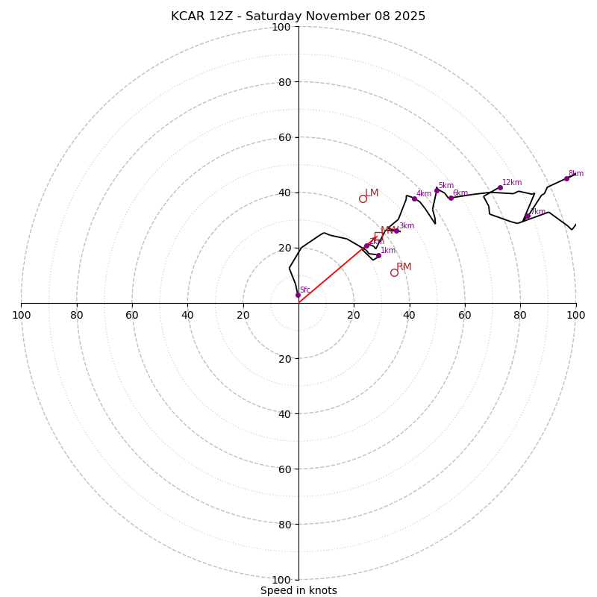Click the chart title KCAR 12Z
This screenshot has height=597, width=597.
[298, 16]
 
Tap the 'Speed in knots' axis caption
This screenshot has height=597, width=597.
[298, 590]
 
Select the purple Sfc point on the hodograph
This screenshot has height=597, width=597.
[298, 295]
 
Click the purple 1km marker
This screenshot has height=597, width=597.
[378, 255]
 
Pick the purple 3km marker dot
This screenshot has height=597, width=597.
[396, 231]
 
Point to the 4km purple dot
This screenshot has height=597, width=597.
[414, 199]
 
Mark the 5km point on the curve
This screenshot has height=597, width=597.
[437, 190]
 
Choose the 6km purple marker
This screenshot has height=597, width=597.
[451, 198]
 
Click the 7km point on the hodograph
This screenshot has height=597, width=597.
[528, 216]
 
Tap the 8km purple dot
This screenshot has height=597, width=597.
[566, 178]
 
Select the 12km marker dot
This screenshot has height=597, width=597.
[500, 188]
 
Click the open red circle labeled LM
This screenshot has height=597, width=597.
[363, 199]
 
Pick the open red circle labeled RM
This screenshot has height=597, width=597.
[394, 272]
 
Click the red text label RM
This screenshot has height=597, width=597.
[404, 266]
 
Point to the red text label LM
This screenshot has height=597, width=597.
[372, 193]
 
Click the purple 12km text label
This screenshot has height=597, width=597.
[512, 182]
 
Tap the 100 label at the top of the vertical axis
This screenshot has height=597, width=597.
[281, 27]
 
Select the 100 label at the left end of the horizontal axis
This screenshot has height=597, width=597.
[21, 315]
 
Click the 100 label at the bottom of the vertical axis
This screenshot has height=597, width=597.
[281, 580]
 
